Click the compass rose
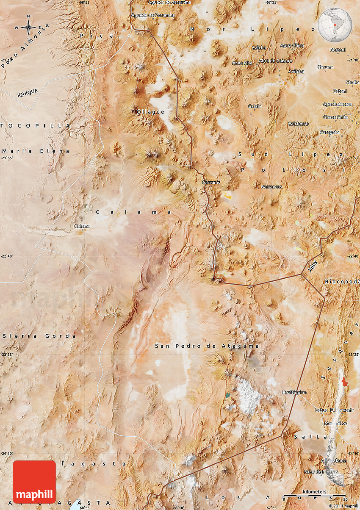click(28, 28)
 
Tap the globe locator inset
click(335, 24)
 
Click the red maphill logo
click(34, 482)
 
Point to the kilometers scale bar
click(314, 494)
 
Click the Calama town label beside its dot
click(82, 226)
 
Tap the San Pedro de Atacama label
click(207, 346)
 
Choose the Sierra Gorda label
click(39, 336)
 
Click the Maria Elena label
click(36, 151)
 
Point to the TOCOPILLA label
click(36, 126)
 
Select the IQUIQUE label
click(28, 93)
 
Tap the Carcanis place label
click(211, 183)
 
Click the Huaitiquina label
click(294, 393)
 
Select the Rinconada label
click(341, 282)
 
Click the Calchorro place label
click(298, 124)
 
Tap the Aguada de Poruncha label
click(153, 15)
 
